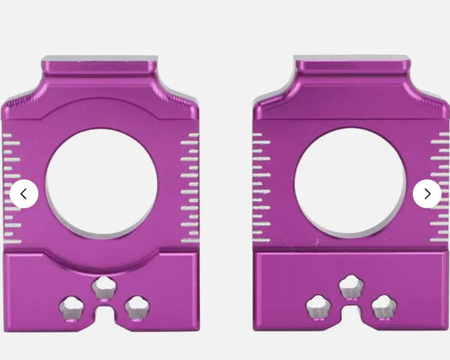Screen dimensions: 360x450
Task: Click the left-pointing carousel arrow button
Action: coord(24,194)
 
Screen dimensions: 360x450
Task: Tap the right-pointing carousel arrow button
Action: coord(426,194)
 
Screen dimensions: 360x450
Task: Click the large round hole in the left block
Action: coord(101,183)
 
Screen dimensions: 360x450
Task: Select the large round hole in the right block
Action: coord(350,183)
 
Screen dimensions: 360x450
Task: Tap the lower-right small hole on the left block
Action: coord(134,307)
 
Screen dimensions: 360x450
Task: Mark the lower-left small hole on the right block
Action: coord(320,307)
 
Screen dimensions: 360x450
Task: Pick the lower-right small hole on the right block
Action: coord(382,307)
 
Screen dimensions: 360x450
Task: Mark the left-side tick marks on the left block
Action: coord(12,188)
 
